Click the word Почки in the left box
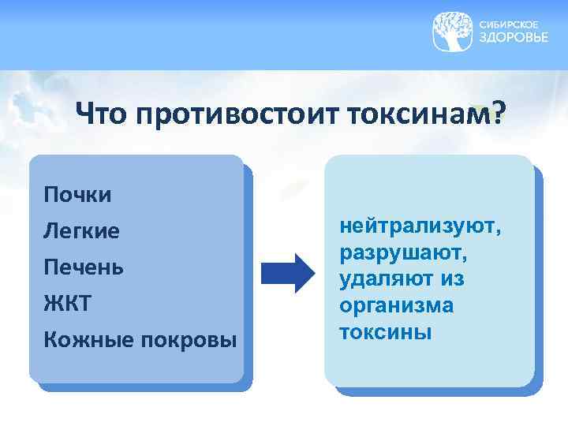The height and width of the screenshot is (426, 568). [x=78, y=194]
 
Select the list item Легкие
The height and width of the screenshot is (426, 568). [x=82, y=231]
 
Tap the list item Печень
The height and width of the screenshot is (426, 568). [x=84, y=267]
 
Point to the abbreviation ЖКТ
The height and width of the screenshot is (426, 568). [x=69, y=303]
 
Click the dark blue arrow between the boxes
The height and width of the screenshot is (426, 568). [x=287, y=273]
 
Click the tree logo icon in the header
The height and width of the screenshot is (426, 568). [x=454, y=32]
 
